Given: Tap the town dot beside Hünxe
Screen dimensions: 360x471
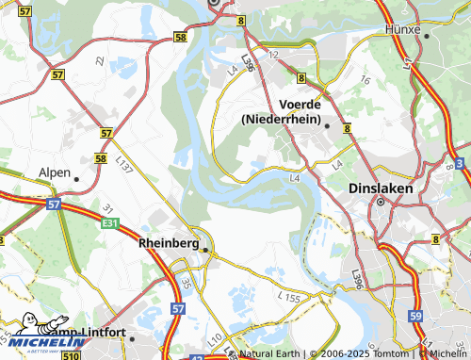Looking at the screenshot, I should pyautogui.click(x=426, y=35).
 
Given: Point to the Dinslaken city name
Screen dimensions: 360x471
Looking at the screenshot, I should pyautogui.click(x=380, y=187).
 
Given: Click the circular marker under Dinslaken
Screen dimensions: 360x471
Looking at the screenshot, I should pyautogui.click(x=381, y=201).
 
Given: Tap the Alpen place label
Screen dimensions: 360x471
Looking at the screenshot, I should pyautogui.click(x=54, y=173).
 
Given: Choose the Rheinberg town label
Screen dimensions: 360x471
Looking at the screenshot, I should pyautogui.click(x=168, y=243).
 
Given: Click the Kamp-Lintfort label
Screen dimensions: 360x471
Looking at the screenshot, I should pyautogui.click(x=89, y=336).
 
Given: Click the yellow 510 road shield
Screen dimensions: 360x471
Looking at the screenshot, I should pyautogui.click(x=71, y=345).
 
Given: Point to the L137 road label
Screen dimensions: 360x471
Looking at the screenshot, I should pyautogui.click(x=123, y=164).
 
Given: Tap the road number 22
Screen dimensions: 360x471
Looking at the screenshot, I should pyautogui.click(x=100, y=60).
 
